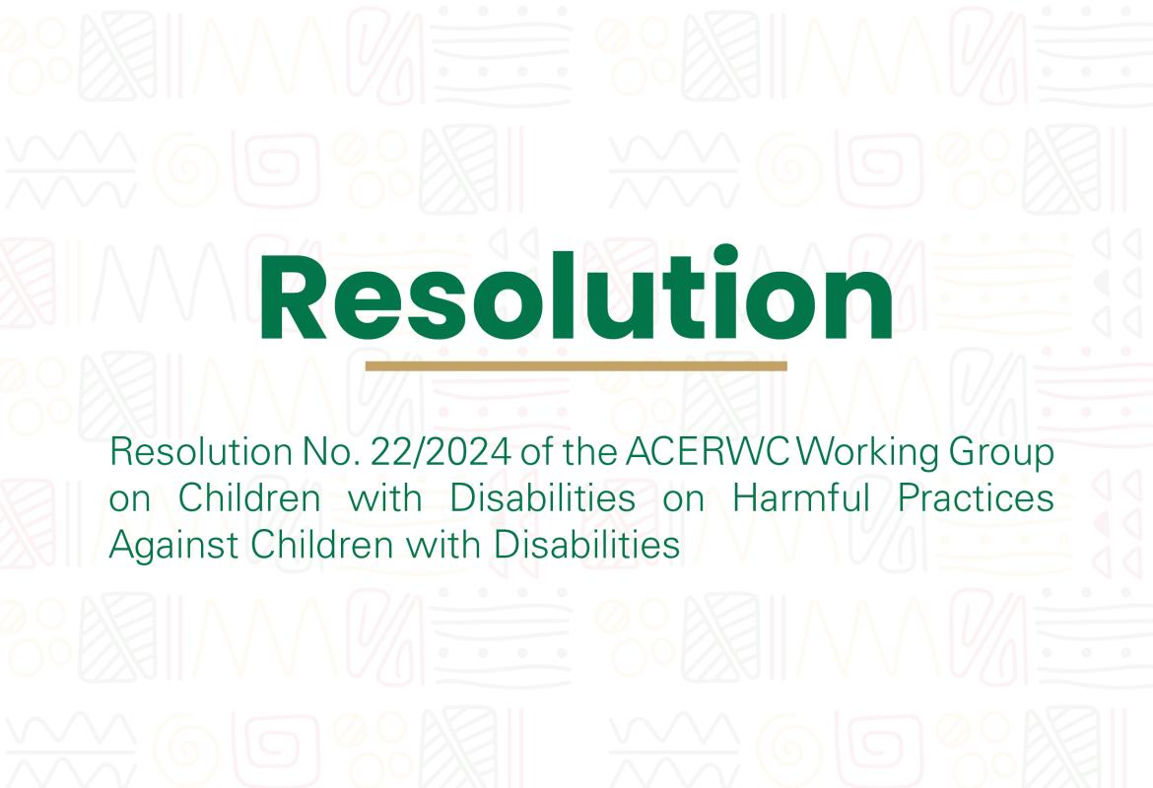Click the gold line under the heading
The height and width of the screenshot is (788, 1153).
click(x=576, y=365)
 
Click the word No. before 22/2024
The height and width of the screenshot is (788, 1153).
click(x=324, y=453)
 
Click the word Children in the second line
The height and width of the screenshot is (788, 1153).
click(x=249, y=498)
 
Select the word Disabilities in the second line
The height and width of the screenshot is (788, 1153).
click(x=543, y=498)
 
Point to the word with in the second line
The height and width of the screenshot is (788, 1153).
click(x=385, y=498)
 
